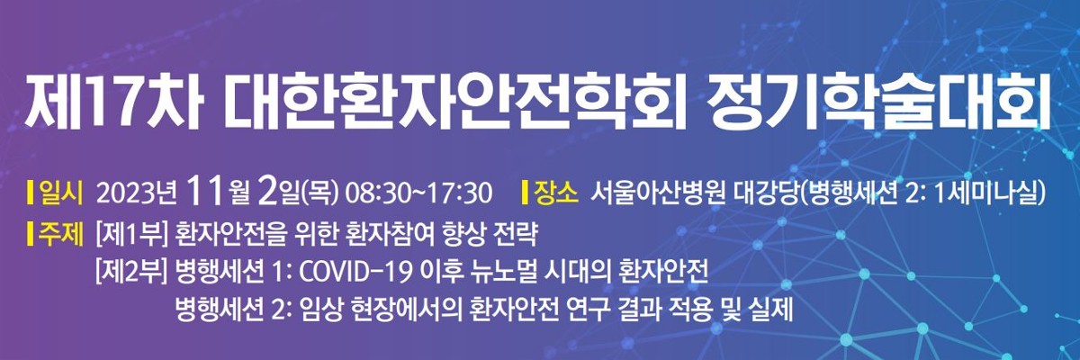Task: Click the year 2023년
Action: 137,193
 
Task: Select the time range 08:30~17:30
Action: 419,193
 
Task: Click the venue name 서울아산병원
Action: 658,193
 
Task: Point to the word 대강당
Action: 766,193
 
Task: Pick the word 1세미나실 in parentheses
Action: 985,193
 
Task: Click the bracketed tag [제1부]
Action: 131,235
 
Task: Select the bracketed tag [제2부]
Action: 131,273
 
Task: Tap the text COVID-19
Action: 355,273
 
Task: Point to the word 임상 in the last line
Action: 321,310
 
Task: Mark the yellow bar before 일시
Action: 31,193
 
